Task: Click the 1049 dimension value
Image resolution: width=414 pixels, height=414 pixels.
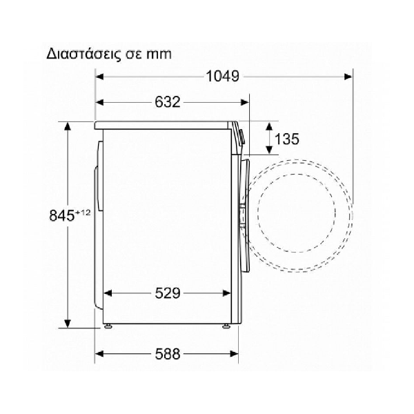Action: [222, 77]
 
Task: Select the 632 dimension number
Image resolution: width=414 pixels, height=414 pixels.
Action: [168, 102]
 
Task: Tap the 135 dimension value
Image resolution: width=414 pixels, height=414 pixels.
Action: [287, 139]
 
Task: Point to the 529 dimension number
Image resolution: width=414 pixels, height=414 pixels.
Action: [168, 293]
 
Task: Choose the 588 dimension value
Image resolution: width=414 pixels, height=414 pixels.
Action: [168, 354]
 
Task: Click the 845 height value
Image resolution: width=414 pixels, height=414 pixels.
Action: [62, 215]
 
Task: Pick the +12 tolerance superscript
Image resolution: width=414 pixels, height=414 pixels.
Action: [83, 213]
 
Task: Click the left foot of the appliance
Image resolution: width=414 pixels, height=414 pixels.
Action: [108, 326]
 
